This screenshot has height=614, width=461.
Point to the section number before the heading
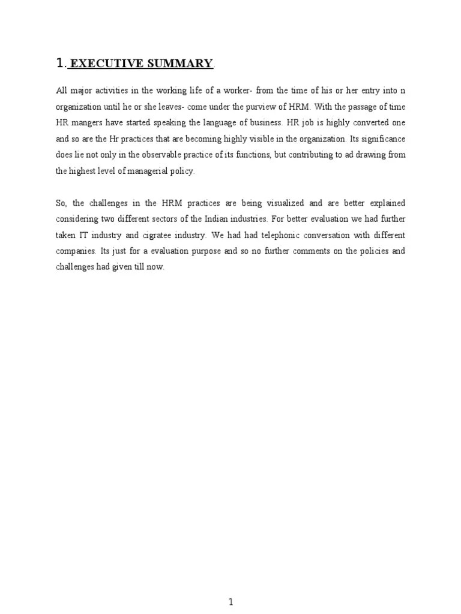click(x=59, y=63)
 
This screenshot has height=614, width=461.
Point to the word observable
click(x=158, y=155)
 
